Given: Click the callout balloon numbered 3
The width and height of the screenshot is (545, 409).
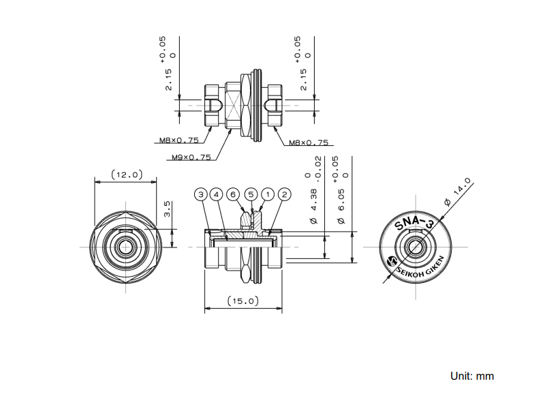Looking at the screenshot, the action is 201,194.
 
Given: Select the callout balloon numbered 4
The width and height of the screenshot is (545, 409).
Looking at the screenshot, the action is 216,194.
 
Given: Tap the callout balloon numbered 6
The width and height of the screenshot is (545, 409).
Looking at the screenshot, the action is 233,194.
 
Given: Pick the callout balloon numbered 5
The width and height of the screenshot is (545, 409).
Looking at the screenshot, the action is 251,194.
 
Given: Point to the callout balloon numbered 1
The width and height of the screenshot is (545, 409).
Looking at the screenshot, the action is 268,194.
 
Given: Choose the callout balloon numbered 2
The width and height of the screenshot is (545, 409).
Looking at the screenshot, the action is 284,194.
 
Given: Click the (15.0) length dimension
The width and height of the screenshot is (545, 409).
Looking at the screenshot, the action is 243,301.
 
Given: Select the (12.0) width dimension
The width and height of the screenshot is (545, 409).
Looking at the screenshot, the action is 127,175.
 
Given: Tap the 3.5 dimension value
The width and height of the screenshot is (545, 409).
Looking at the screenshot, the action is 167,209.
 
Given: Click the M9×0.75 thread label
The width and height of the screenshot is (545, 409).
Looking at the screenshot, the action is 191,157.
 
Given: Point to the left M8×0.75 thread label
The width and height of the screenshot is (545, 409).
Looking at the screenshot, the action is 179,140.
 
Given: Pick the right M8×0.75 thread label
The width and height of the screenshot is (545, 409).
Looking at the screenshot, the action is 309,142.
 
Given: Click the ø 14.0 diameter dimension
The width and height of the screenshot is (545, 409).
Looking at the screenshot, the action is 458,192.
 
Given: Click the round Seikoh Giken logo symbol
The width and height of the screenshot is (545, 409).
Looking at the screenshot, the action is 392,261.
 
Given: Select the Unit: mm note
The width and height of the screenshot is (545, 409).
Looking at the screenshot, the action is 472,376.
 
